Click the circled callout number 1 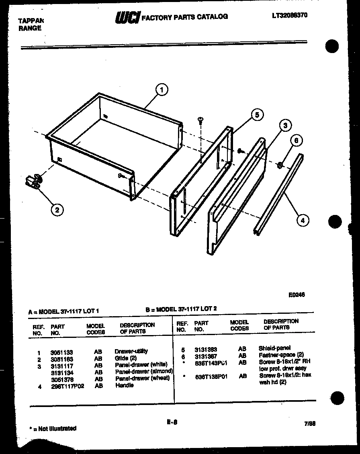tap(162, 90)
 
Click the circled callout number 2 tap(57, 209)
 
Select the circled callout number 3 tap(285, 125)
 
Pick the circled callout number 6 tap(297, 141)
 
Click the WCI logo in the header tap(127, 17)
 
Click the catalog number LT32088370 tap(290, 15)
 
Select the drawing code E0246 tap(297, 294)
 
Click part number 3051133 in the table tap(61, 352)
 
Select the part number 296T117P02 tap(67, 386)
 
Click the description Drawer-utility tap(131, 351)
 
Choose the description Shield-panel tap(274, 348)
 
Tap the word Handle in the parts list tap(124, 385)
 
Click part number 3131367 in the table tap(206, 356)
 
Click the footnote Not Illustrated tap(54, 429)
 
